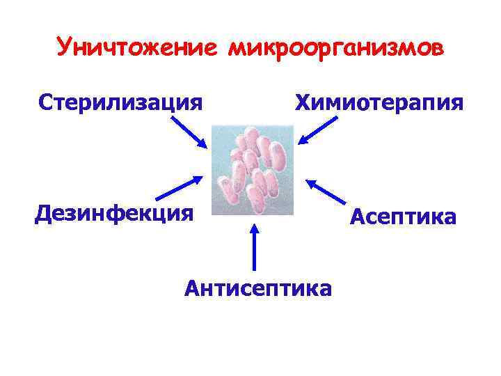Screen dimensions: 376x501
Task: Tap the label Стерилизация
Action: pyautogui.click(x=120, y=103)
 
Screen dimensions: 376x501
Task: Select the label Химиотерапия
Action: pyautogui.click(x=379, y=103)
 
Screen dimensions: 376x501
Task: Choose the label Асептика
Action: pyautogui.click(x=404, y=217)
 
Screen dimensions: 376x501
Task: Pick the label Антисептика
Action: pyautogui.click(x=258, y=286)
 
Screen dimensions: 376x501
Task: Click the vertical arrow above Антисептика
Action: pyautogui.click(x=254, y=247)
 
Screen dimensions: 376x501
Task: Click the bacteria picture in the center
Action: pyautogui.click(x=253, y=170)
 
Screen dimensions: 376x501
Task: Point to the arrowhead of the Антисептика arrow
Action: pyautogui.click(x=254, y=228)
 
